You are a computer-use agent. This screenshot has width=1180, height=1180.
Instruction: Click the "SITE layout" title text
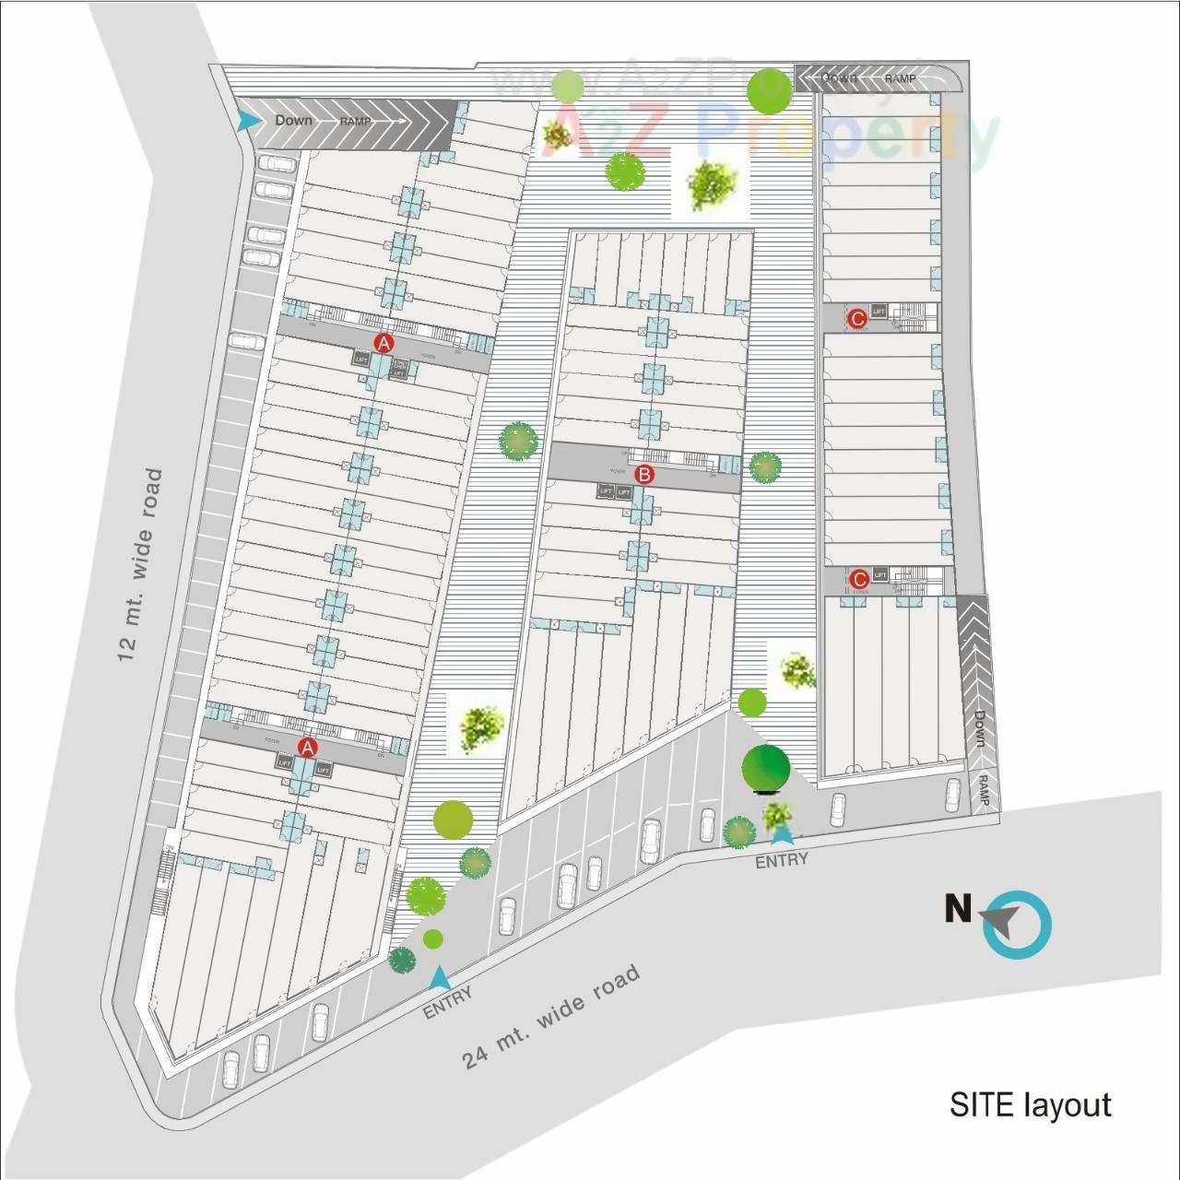click(1030, 1104)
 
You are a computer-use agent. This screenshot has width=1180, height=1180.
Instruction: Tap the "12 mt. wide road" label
click(140, 565)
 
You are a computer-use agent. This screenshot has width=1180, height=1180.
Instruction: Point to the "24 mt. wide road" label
click(551, 1017)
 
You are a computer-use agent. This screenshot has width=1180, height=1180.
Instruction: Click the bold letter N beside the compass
click(958, 910)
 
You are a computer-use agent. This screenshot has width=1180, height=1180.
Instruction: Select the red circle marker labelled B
click(645, 475)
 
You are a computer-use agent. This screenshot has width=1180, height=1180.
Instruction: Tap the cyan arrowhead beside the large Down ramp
click(246, 121)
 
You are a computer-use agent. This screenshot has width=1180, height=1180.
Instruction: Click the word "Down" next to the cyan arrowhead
click(294, 121)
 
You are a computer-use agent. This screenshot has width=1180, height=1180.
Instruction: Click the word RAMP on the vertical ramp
click(983, 790)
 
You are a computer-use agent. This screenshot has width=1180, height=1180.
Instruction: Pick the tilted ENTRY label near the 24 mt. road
click(448, 1002)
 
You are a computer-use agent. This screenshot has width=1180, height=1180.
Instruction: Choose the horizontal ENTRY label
click(781, 860)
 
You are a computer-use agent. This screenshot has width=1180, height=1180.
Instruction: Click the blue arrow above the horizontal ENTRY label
click(782, 834)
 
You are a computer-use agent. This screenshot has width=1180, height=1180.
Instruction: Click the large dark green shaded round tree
click(766, 767)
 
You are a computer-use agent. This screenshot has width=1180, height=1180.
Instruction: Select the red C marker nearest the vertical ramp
click(859, 579)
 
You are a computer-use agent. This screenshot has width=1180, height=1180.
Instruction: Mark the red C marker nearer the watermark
click(857, 319)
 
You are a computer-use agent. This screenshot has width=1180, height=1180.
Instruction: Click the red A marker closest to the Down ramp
click(383, 342)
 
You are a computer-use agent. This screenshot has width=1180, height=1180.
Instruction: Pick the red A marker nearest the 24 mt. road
click(307, 747)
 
